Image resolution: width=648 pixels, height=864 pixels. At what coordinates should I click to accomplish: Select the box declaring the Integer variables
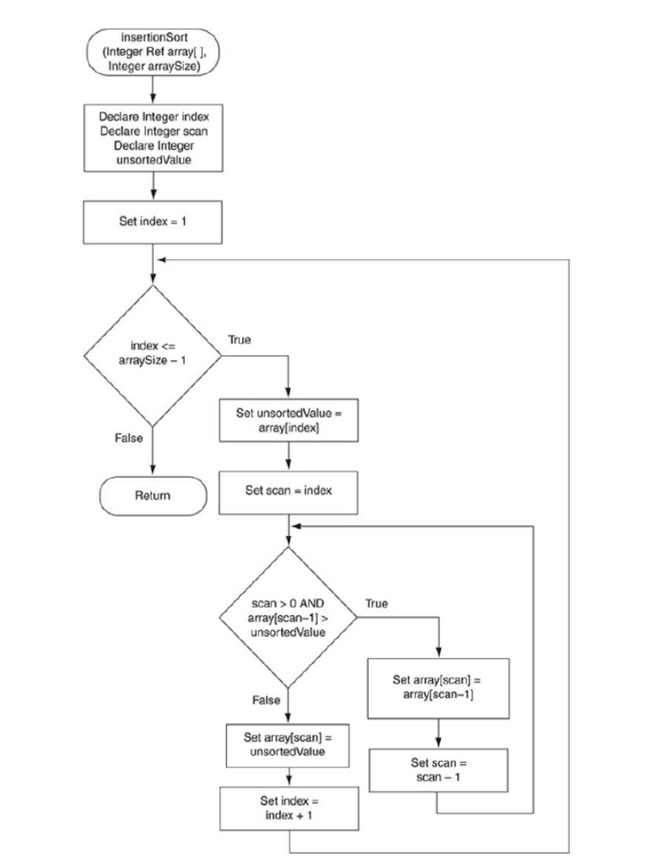coord(153,135)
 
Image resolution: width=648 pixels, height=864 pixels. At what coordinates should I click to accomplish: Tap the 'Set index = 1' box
coord(153,222)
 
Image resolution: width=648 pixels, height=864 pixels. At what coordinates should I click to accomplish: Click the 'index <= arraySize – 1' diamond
coord(153,355)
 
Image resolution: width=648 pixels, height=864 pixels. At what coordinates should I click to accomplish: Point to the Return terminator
coord(153,495)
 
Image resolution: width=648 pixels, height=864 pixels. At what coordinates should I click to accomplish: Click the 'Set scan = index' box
coord(289,491)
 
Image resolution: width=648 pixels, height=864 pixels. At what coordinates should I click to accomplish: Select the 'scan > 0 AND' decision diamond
coord(289,618)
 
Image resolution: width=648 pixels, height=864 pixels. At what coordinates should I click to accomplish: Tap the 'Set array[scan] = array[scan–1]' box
coord(438,686)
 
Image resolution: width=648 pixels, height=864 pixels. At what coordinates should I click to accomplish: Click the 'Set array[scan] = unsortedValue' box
coord(289,743)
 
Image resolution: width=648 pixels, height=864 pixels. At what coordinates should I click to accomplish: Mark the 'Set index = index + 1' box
coord(289,807)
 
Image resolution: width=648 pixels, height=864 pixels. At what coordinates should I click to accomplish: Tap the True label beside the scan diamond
coord(377,604)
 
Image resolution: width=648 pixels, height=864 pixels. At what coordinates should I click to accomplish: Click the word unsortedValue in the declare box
coord(153,159)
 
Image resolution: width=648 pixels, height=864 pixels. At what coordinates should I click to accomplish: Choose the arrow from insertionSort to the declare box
coord(153,90)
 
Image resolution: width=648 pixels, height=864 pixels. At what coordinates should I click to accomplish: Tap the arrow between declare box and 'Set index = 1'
coord(153,186)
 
